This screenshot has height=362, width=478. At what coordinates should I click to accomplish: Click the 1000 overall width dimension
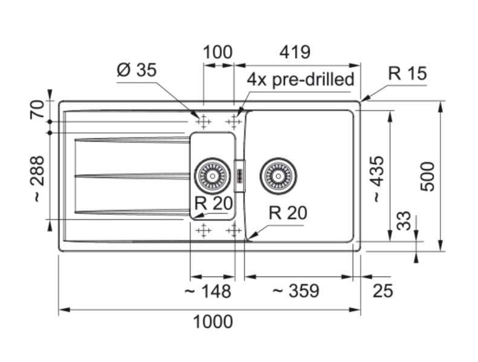213,322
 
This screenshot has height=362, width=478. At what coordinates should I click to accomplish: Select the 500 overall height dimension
427,176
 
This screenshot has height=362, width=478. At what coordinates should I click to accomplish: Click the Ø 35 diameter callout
137,70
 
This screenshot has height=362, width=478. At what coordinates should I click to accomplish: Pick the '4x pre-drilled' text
300,80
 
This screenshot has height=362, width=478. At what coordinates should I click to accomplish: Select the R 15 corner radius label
407,74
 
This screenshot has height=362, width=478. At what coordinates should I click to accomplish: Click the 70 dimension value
37,109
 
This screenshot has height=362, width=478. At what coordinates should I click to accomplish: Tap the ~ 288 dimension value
37,178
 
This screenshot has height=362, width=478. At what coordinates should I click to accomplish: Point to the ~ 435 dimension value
376,179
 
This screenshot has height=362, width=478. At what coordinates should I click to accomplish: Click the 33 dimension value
404,221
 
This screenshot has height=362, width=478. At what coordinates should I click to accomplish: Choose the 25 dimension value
383,291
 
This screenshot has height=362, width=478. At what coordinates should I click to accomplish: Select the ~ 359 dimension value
296,291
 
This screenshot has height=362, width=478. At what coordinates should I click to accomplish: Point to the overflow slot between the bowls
239,176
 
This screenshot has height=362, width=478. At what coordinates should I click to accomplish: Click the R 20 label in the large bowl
288,213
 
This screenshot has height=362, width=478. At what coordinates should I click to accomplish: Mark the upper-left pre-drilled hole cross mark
203,122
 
